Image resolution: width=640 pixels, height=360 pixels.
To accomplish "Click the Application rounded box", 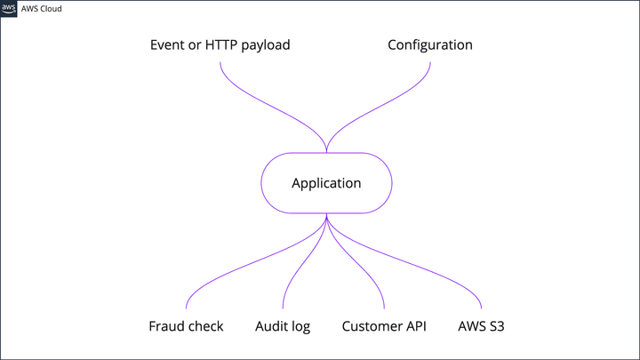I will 326,184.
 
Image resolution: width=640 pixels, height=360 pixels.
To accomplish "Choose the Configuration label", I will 429,44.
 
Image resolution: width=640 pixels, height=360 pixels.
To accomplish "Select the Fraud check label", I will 186,326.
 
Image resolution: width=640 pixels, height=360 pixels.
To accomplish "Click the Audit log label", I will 283,326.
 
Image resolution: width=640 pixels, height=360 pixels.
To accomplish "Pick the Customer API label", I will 384,326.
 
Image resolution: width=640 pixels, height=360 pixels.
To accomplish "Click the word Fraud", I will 166,326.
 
